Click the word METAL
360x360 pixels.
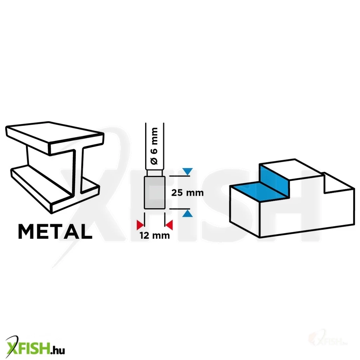pyautogui.click(x=55, y=232)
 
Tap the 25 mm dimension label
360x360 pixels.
pyautogui.click(x=187, y=193)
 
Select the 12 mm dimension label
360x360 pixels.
pyautogui.click(x=155, y=236)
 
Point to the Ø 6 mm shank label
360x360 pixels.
pyautogui.click(x=155, y=146)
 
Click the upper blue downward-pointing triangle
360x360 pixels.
pyautogui.click(x=188, y=172)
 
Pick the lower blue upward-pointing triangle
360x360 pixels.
pyautogui.click(x=188, y=213)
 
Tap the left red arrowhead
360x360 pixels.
pyautogui.click(x=140, y=225)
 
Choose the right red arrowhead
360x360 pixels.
pyautogui.click(x=169, y=225)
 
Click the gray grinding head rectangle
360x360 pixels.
pyautogui.click(x=155, y=193)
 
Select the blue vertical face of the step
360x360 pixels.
pyautogui.click(x=274, y=181)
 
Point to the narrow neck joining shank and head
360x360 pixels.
pyautogui.click(x=155, y=173)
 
